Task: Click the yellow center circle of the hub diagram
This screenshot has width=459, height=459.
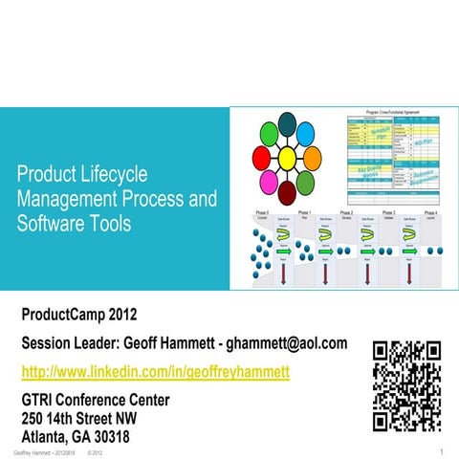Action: [285, 156]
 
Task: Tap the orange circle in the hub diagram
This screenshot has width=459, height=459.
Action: [312, 156]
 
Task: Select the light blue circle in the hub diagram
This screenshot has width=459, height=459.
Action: [305, 133]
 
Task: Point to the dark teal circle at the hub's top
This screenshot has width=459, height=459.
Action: [286, 122]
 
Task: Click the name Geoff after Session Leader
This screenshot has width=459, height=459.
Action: [203, 342]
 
